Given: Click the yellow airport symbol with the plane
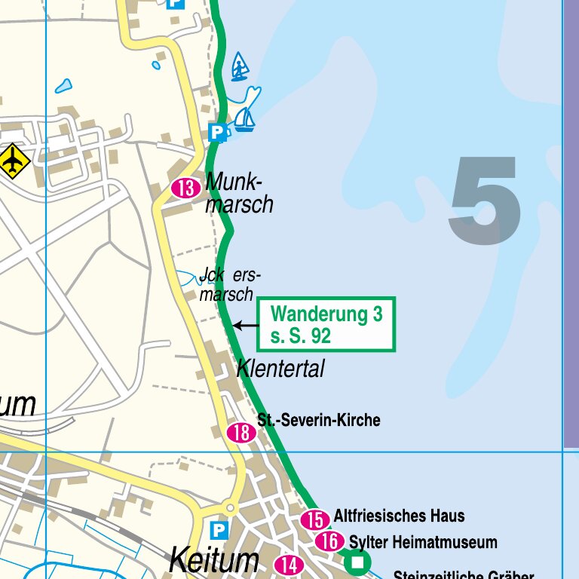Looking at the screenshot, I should tap(12, 161).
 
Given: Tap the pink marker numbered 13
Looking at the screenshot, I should tap(185, 188).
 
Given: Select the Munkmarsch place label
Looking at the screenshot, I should tap(238, 193).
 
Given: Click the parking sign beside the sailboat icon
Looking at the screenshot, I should tap(217, 133).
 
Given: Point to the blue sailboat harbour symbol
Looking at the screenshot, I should tap(244, 119).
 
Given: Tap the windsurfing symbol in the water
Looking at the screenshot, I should tap(240, 67).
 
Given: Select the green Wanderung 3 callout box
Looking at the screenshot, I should tap(326, 324).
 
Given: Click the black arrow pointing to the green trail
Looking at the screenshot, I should tap(246, 326).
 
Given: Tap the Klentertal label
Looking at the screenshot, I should tap(280, 369).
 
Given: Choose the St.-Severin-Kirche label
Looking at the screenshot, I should tap(318, 420).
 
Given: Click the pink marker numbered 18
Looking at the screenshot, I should tap(241, 433).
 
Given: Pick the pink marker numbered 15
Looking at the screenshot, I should tap(315, 519).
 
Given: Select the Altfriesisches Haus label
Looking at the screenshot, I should tap(399, 516).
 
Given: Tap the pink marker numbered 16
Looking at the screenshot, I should tap(329, 541).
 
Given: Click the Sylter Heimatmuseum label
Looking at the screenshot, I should tap(423, 542).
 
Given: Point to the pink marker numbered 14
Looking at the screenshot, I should tap(288, 564).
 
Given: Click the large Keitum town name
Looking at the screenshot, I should tap(214, 561).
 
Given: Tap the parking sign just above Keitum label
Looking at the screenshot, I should tap(219, 530).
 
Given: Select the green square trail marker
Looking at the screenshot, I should tap(358, 562).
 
